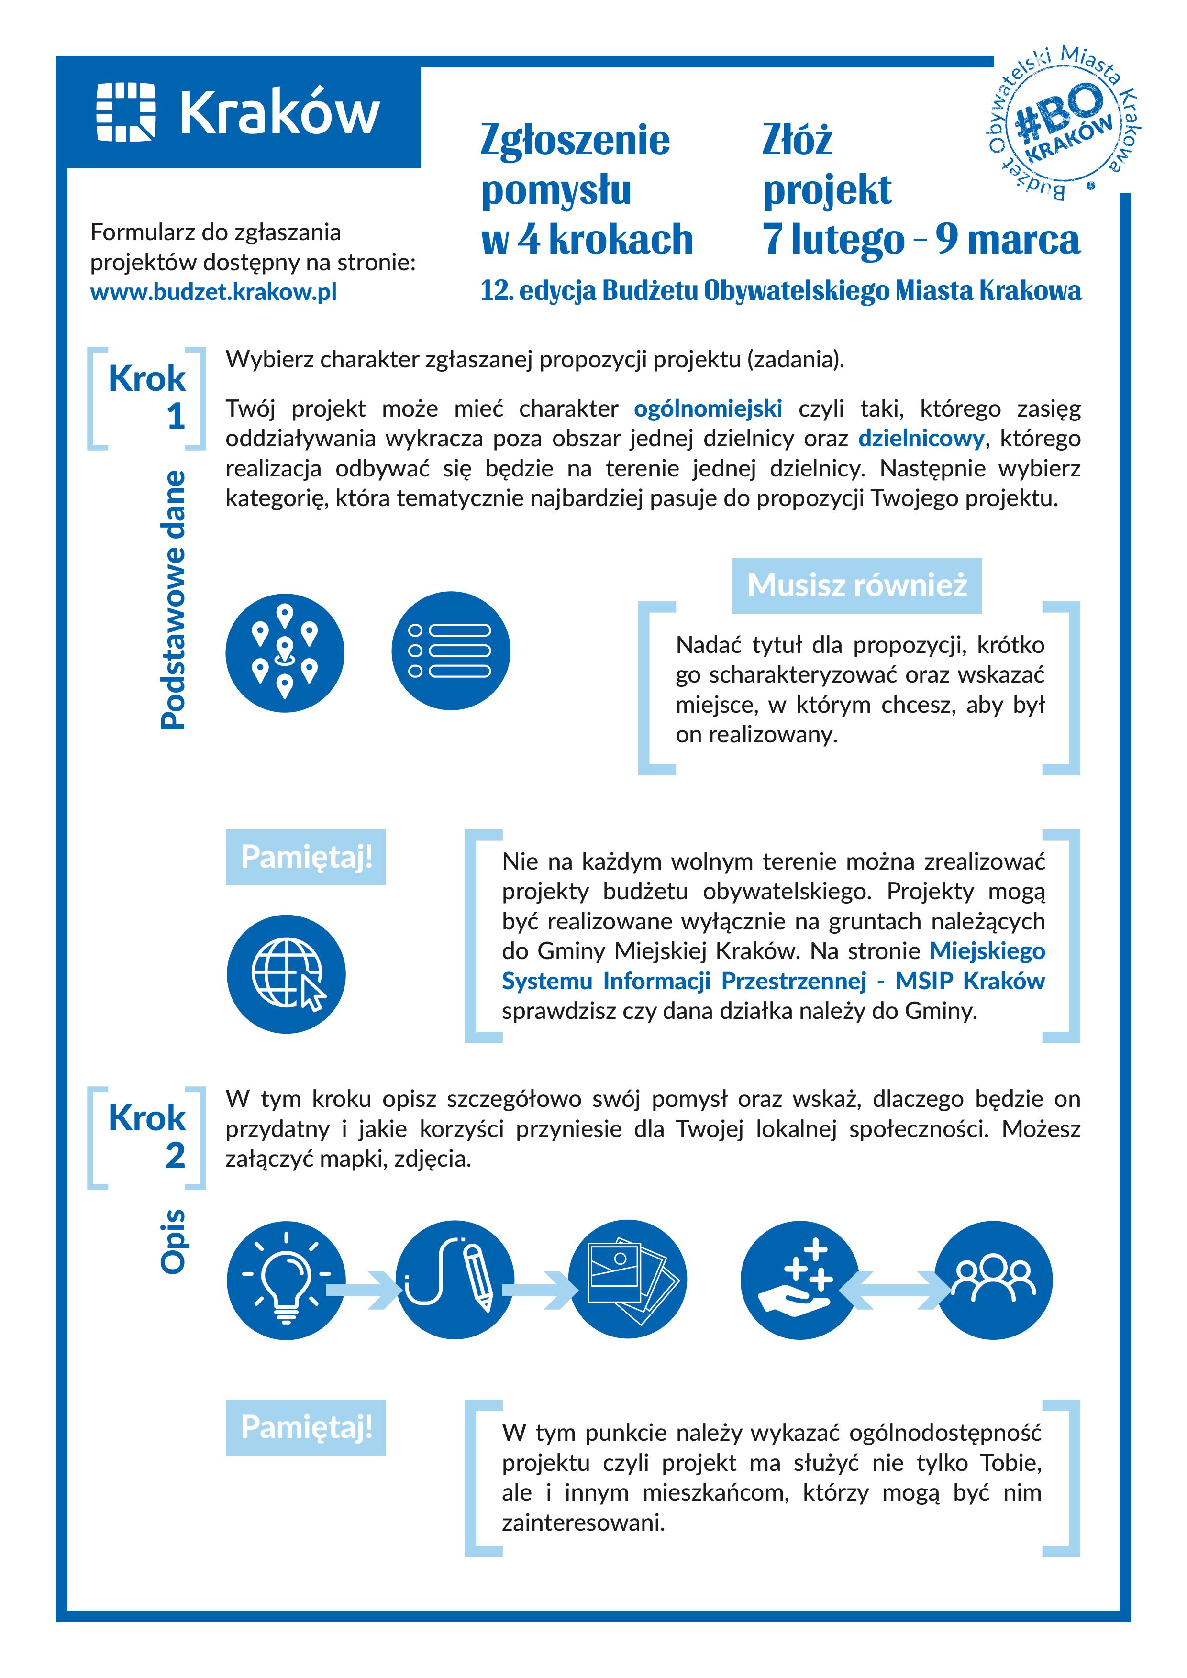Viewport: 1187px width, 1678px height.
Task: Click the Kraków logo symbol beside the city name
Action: pyautogui.click(x=126, y=112)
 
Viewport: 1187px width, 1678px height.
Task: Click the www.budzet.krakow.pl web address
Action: pyautogui.click(x=213, y=292)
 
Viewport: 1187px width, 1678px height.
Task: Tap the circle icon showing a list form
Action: pyautogui.click(x=451, y=651)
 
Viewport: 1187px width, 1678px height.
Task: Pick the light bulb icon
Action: pyautogui.click(x=286, y=1281)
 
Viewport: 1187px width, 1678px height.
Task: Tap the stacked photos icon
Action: pyautogui.click(x=628, y=1281)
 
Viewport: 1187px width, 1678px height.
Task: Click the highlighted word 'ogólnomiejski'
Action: pyautogui.click(x=708, y=408)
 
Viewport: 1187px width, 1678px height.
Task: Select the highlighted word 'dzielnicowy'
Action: pyautogui.click(x=921, y=439)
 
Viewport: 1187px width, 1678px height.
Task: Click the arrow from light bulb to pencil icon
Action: pyautogui.click(x=363, y=1291)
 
